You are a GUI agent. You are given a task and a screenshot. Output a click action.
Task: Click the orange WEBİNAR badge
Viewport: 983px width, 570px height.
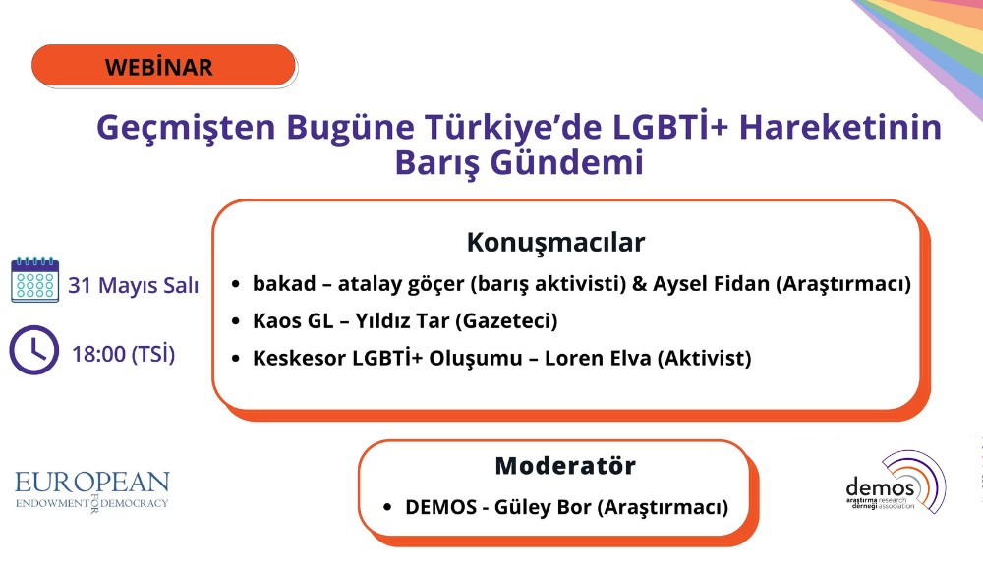coord(163,66)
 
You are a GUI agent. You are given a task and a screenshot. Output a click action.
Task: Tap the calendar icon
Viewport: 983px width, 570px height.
coord(35,280)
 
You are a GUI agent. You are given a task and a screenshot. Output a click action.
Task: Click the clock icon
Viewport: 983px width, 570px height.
coord(34,350)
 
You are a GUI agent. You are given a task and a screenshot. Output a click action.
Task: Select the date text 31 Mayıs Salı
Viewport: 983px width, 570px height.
coord(134,286)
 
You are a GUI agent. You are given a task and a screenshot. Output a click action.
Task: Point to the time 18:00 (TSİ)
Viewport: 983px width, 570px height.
coord(124,353)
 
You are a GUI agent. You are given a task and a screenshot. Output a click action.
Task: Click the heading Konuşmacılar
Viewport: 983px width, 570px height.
coord(555,242)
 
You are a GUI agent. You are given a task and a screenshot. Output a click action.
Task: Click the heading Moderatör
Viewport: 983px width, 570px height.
coord(565,465)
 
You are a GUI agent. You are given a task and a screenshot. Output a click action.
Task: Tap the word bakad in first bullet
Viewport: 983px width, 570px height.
coord(281,285)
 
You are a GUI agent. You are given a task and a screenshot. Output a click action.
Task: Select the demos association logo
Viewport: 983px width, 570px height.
coord(895,482)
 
